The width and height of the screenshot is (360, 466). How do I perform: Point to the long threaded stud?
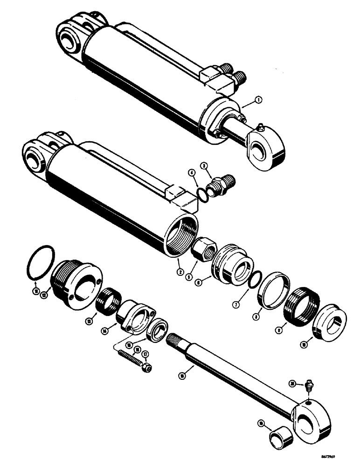click(132, 359)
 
